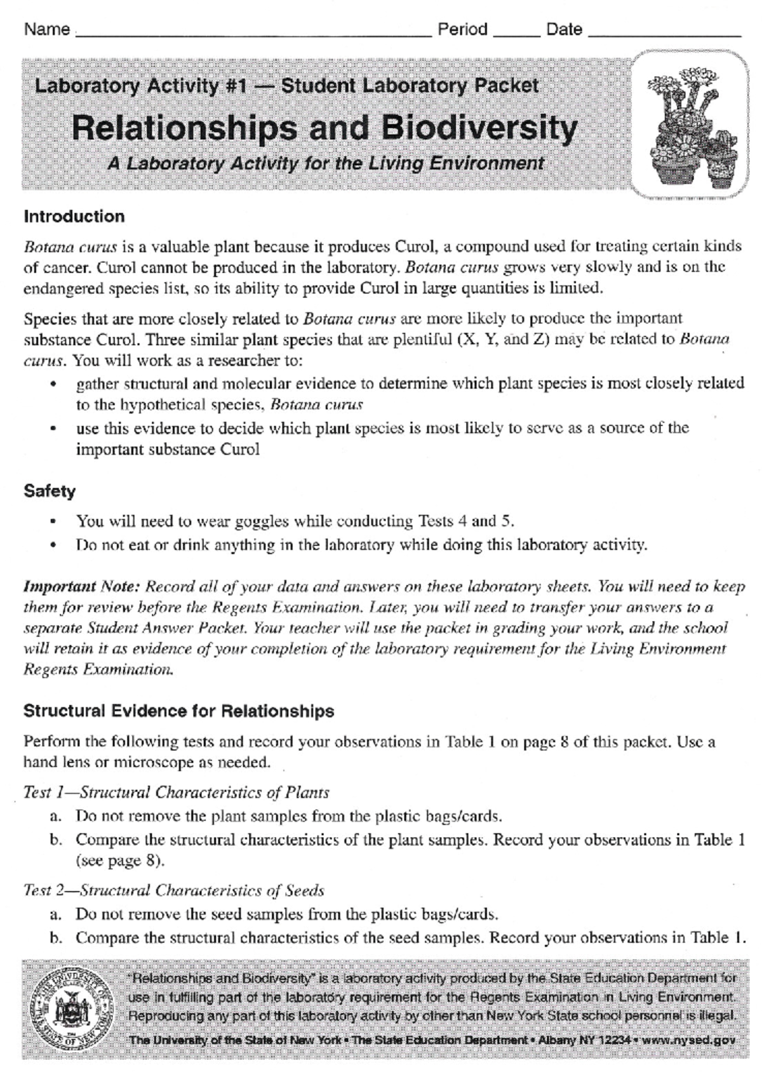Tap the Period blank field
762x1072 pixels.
(x=516, y=32)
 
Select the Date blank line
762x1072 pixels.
(x=664, y=32)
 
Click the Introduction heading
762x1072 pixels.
(x=74, y=217)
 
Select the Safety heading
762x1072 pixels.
(x=50, y=491)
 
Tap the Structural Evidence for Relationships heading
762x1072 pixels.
(x=178, y=711)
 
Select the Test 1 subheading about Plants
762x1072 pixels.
(x=176, y=793)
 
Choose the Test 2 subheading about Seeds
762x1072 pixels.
(x=173, y=890)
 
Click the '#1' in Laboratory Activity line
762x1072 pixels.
(x=236, y=86)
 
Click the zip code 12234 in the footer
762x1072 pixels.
(x=613, y=1040)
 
